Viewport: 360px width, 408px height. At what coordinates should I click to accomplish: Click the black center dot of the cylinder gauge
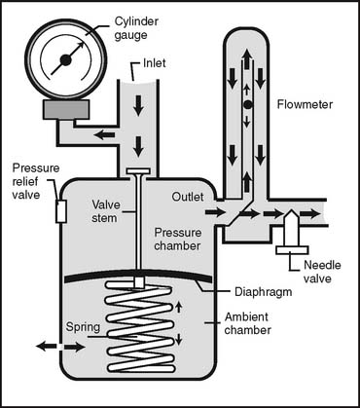coord(66,59)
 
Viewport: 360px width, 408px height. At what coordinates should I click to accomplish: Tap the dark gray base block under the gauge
coord(66,109)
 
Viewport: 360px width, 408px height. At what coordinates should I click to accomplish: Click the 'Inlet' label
coord(155,63)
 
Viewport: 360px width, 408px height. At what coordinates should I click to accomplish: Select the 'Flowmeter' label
coord(305,104)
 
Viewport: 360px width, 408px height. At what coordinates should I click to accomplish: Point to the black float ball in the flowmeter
coord(247,104)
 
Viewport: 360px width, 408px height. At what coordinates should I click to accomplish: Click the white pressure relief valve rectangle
coord(61,211)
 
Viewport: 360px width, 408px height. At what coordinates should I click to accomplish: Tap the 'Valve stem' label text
coord(106,211)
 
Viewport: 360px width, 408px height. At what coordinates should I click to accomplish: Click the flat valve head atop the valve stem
coord(138,170)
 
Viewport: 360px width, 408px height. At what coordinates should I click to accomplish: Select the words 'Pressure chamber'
coord(177,239)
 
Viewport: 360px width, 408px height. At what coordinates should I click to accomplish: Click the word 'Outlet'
coord(188,197)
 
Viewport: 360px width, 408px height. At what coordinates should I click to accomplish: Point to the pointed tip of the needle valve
coord(291,211)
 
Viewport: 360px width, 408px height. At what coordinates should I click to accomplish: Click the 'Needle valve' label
coord(322,272)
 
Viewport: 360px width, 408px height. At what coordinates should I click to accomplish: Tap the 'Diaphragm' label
coord(263,291)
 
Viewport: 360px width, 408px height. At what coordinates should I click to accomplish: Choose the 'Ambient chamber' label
coord(248,323)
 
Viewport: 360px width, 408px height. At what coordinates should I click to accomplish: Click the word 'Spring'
coord(83,326)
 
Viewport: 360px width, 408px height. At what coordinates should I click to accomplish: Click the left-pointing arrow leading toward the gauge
coord(104,134)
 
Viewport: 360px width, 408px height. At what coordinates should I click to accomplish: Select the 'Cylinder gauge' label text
coord(136,28)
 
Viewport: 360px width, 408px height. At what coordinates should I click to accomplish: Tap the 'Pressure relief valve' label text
coord(36,181)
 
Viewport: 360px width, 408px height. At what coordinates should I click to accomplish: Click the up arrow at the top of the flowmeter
coord(247,58)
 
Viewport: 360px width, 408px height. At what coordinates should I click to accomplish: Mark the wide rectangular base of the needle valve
coord(292,250)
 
